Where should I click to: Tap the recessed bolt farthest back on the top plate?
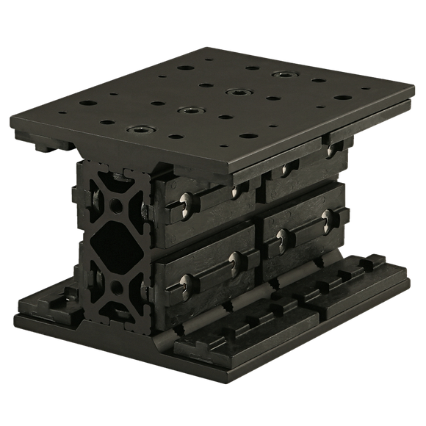click(x=281, y=75)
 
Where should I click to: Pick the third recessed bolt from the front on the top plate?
click(x=236, y=93)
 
